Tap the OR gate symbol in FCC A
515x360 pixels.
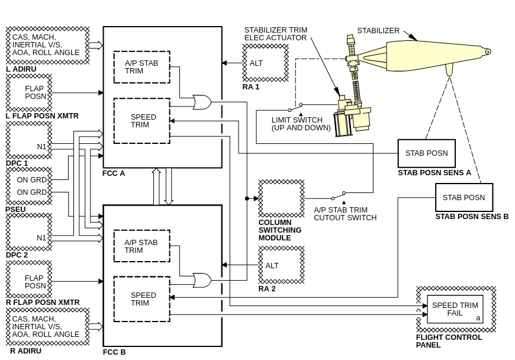202,102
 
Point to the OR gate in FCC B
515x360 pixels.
202,280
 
